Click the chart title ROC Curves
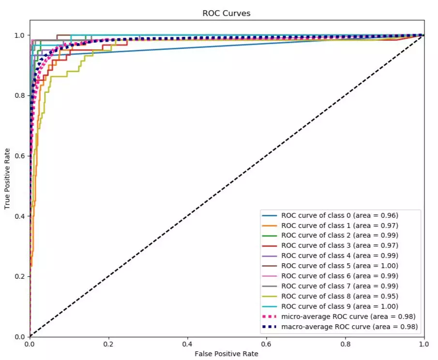(x=227, y=13)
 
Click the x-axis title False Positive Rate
(x=227, y=354)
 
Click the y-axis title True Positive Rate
(x=7, y=179)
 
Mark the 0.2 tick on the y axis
(x=20, y=276)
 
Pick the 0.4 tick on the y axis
(x=20, y=216)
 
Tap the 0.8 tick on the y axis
(x=20, y=95)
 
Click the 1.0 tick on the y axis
(x=20, y=35)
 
